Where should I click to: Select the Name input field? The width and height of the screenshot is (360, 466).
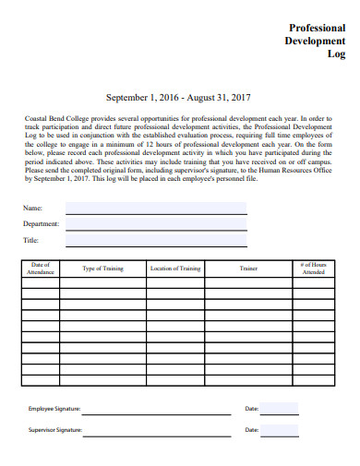156,208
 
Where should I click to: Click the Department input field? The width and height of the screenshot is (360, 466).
156,224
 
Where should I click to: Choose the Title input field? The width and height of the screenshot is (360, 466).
156,241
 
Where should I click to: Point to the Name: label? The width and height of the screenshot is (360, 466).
32,208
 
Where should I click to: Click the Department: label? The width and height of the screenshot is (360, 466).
42,224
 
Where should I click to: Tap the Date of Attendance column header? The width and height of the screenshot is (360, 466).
41,269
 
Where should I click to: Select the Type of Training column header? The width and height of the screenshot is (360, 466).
103,269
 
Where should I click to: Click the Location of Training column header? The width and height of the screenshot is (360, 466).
175,269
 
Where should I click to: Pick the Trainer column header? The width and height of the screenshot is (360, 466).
248,269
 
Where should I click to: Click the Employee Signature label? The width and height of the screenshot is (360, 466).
54,408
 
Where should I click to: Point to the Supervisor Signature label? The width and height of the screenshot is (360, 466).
55,430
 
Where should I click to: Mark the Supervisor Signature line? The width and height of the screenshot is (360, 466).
156,431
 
